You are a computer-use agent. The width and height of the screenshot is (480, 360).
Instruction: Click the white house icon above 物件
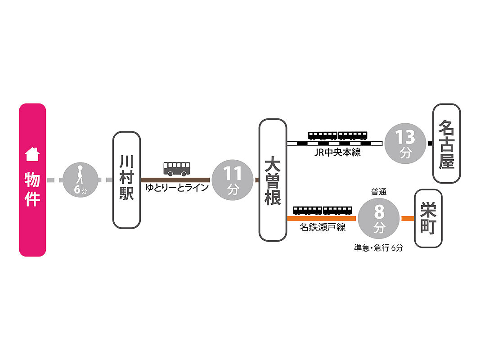[x=32, y=154]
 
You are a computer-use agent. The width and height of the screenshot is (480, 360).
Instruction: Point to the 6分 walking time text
[x=81, y=190]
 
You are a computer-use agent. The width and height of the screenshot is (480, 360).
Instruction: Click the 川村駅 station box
[x=126, y=180]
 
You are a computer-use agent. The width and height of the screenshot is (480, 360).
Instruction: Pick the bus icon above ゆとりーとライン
[x=177, y=168]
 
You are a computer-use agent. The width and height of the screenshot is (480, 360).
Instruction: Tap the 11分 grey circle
[x=233, y=180]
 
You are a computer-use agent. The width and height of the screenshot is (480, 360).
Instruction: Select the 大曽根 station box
[x=273, y=180]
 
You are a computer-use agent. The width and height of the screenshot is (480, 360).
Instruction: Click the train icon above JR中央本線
[x=338, y=135]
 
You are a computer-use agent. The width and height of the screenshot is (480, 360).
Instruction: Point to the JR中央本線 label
[x=338, y=153]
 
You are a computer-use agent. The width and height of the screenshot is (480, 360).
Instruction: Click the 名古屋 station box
[x=447, y=143]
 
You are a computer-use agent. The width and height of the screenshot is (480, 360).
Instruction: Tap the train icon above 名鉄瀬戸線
[x=323, y=210]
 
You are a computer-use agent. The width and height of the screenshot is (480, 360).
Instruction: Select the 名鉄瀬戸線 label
[x=323, y=228]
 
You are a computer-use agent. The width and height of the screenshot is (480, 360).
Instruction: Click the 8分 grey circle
[x=379, y=219]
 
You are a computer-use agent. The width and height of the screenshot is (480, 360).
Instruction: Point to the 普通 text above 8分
[x=379, y=192]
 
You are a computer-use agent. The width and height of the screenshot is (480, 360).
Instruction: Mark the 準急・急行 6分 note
[x=378, y=247]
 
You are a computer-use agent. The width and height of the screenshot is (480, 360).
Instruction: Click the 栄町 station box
[x=428, y=218]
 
